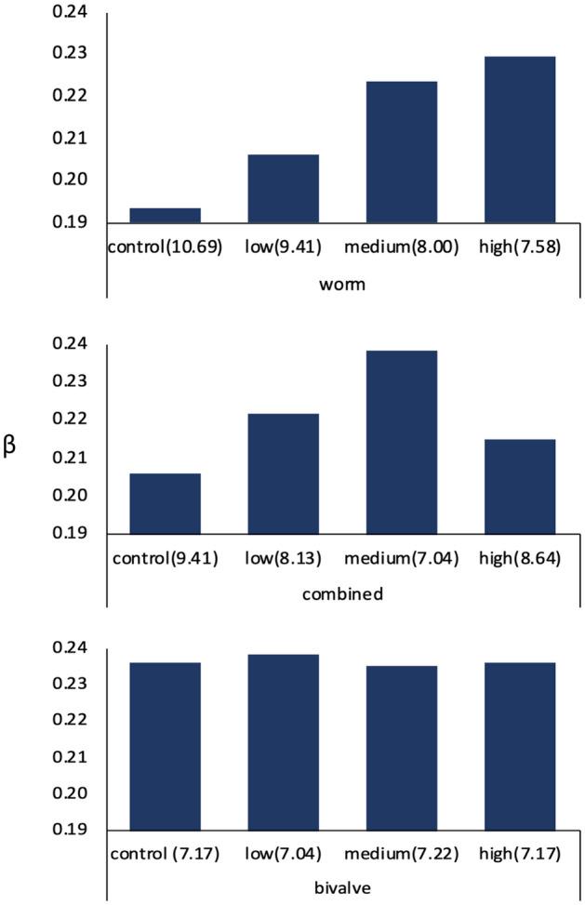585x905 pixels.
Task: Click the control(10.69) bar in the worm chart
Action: pos(165,216)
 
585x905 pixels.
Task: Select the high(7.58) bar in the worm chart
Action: pos(520,140)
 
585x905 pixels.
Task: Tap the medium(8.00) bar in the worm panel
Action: pos(401,153)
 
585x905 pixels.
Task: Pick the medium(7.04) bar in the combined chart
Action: pos(401,442)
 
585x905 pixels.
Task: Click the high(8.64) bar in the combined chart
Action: pos(520,486)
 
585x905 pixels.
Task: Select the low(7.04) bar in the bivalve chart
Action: pos(283,741)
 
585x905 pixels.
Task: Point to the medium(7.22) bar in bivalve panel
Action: pos(401,747)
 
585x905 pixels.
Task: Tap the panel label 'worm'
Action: pos(341,284)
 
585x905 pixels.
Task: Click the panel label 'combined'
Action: pos(341,593)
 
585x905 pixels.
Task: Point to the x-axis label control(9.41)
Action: pos(165,560)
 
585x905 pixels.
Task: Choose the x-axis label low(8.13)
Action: pos(283,560)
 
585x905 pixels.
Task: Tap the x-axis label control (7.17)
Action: pos(165,853)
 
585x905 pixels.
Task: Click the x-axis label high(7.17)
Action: pos(520,853)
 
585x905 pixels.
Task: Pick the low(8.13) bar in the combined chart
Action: pos(283,473)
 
